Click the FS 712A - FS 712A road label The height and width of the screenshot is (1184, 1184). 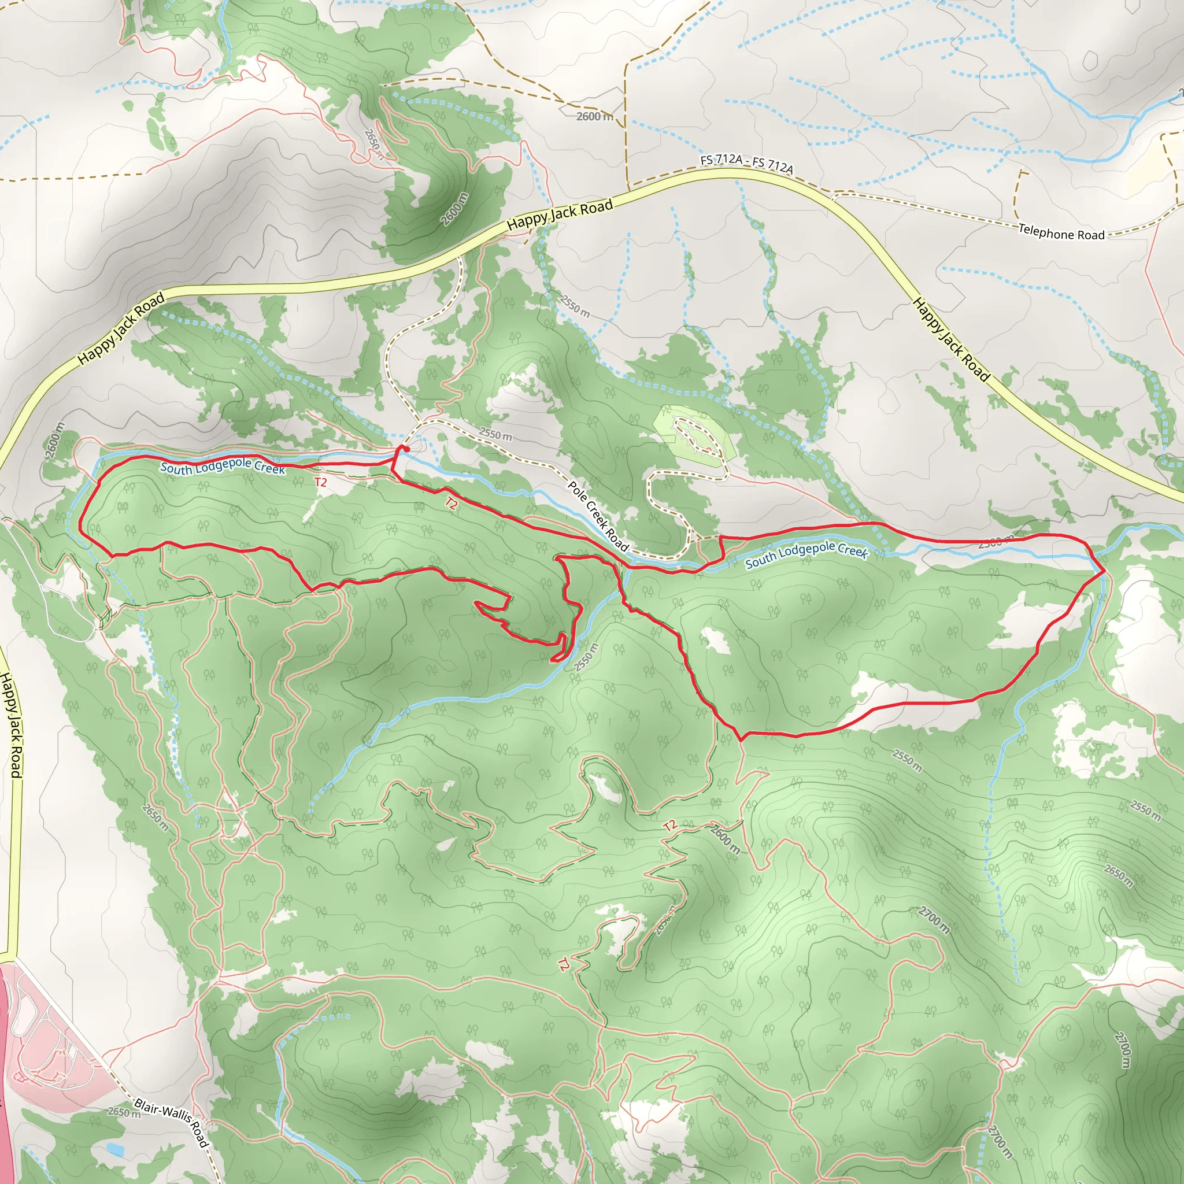coord(746,163)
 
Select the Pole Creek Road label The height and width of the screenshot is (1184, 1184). coord(598,515)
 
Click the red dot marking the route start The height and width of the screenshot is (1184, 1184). coord(405,449)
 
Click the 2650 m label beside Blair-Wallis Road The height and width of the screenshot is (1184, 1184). coord(123,1112)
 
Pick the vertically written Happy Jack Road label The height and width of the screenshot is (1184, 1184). coord(12,725)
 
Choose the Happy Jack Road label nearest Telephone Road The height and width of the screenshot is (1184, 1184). coord(950,339)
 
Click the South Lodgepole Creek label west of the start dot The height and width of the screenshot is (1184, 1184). coord(223,467)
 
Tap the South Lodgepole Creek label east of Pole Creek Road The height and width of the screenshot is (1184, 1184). coord(806,554)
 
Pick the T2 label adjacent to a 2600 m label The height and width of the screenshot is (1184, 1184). coord(670,826)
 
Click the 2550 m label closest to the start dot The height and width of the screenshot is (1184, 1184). coord(495,435)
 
